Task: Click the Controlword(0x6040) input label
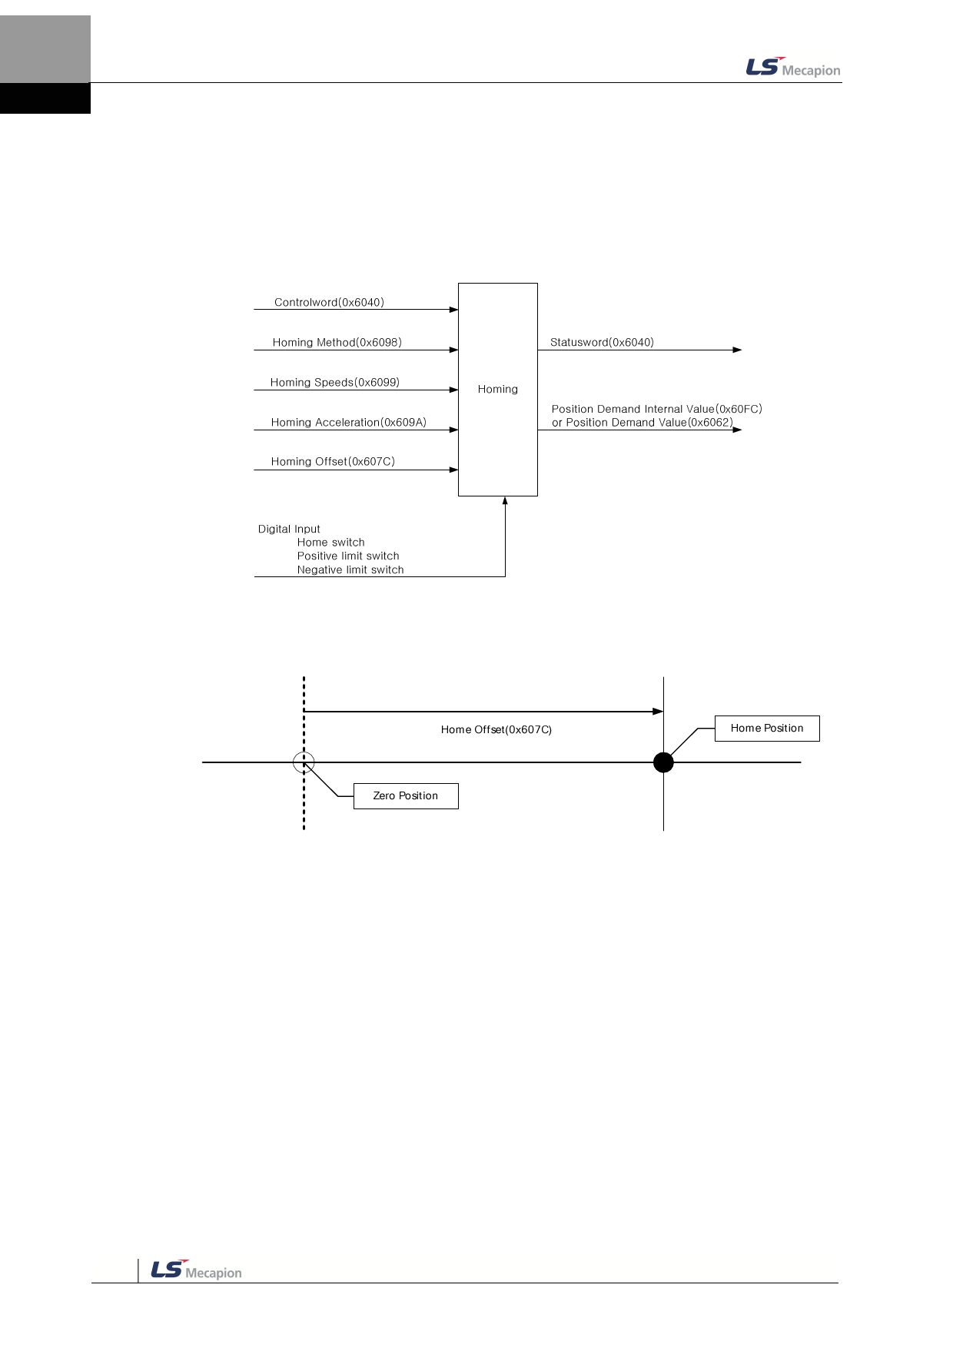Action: point(329,303)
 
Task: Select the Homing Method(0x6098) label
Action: point(337,343)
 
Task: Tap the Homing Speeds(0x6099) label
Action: point(334,383)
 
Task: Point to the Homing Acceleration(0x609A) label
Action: point(348,423)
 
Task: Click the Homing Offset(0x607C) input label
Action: point(333,462)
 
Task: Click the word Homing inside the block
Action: point(497,390)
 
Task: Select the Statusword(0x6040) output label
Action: point(602,343)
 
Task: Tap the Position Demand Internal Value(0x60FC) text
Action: point(656,410)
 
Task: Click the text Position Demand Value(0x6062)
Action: point(649,423)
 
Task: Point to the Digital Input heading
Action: point(289,530)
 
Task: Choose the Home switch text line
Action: point(330,543)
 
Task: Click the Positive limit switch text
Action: point(348,556)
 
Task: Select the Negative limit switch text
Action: point(350,570)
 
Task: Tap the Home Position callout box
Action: point(766,729)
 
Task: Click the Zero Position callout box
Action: point(405,796)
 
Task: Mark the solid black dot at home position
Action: point(663,762)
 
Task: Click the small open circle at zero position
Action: point(304,762)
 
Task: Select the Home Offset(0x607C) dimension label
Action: point(496,730)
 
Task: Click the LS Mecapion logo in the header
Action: point(792,68)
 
